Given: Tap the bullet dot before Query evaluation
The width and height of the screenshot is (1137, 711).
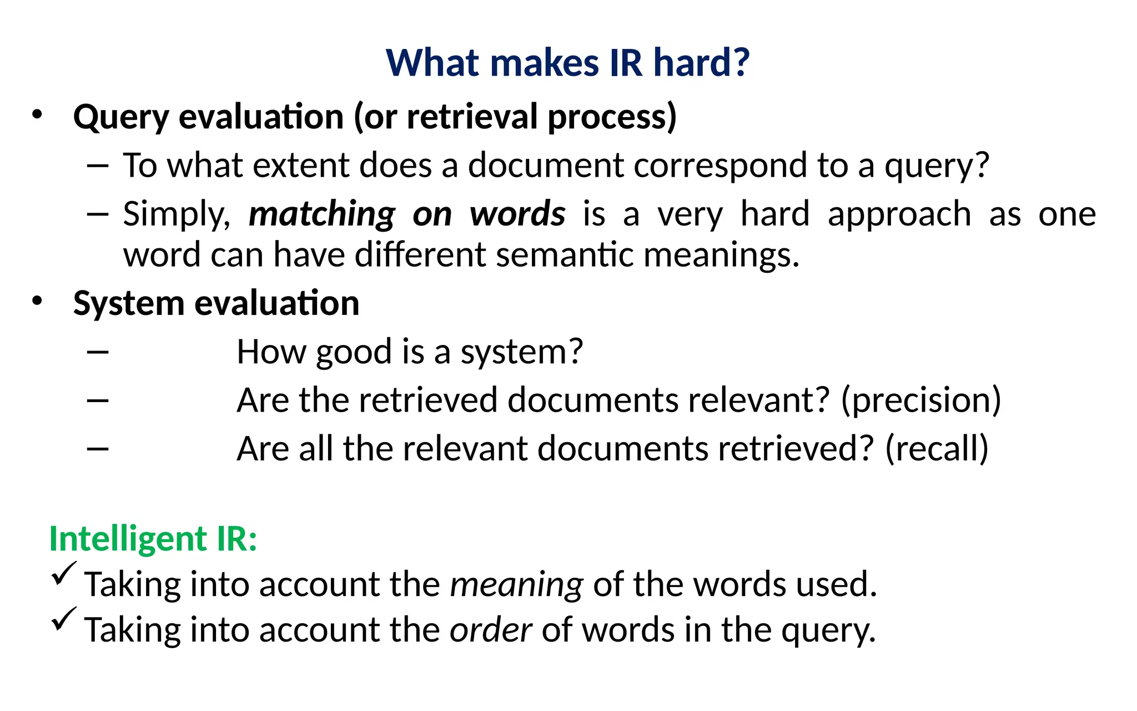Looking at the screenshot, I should pos(37,114).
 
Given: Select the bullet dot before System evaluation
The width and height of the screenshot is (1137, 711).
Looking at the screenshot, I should pos(37,301).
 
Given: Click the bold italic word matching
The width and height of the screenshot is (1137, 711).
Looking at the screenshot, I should pos(322,214).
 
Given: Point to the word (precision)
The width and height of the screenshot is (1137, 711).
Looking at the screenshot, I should pos(921,400).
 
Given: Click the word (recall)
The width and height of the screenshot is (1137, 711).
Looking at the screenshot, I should pos(937,448).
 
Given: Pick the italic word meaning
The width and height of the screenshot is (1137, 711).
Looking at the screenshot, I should pos(516,584).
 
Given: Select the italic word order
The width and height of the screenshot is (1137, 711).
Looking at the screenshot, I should pos(490,630).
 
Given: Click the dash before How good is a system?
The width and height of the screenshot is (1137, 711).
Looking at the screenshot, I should pos(98,352).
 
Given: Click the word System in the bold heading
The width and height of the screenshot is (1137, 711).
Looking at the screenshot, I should pos(128,303).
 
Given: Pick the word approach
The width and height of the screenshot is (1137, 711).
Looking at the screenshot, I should pos(899,214).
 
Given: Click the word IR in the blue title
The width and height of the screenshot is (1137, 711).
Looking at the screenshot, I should pos(625,62).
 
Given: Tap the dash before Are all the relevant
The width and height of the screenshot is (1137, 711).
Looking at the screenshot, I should pos(98,448).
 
